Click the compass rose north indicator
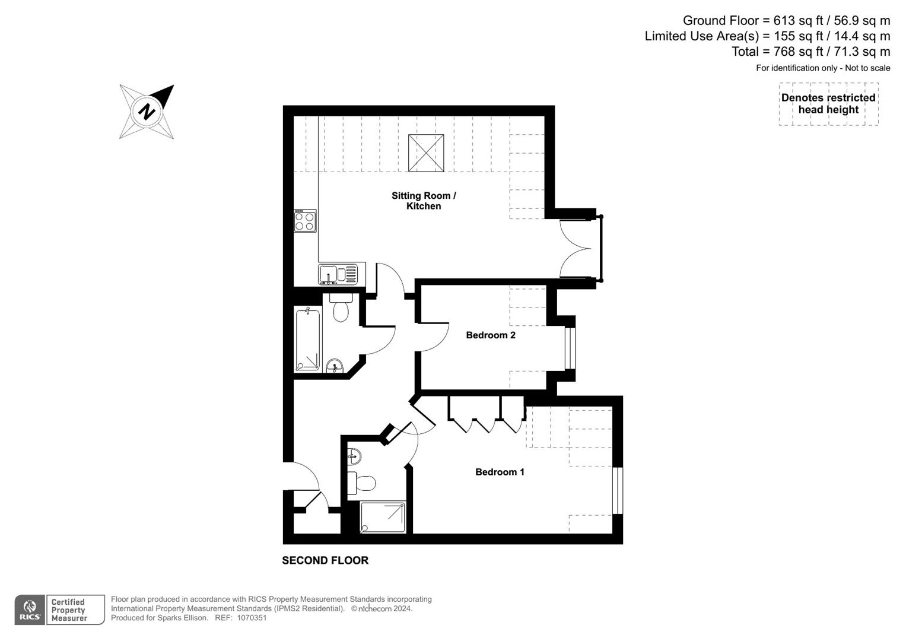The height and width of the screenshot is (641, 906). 147,112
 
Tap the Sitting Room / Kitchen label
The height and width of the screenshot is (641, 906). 424,201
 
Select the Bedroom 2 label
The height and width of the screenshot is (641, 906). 490,335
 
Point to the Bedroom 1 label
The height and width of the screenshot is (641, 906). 500,472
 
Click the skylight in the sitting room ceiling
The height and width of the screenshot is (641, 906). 426,153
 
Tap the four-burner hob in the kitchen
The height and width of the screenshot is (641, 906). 305,221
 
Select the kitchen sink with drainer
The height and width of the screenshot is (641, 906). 338,274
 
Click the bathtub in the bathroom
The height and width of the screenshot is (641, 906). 308,339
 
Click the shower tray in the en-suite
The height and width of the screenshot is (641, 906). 383,517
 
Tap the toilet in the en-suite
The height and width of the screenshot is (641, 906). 362,483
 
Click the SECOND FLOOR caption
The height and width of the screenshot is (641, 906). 325,560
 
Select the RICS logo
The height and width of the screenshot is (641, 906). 29,610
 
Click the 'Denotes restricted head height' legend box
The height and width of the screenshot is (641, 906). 828,104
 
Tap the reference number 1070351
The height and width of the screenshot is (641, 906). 252,618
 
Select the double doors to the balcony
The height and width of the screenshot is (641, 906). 578,248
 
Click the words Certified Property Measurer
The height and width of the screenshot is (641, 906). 69,610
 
